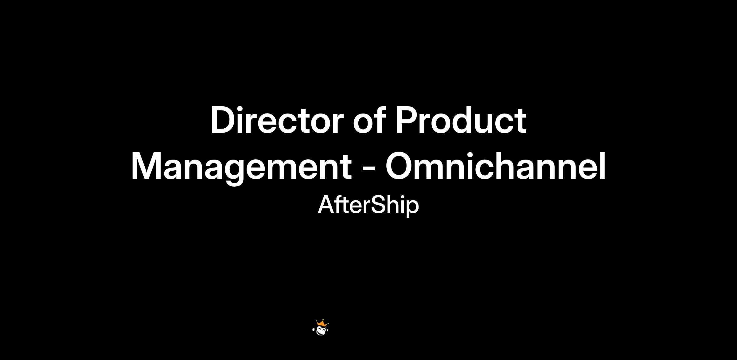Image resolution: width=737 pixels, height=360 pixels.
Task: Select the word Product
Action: click(461, 120)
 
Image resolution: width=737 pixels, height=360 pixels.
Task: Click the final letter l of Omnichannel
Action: click(603, 166)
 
